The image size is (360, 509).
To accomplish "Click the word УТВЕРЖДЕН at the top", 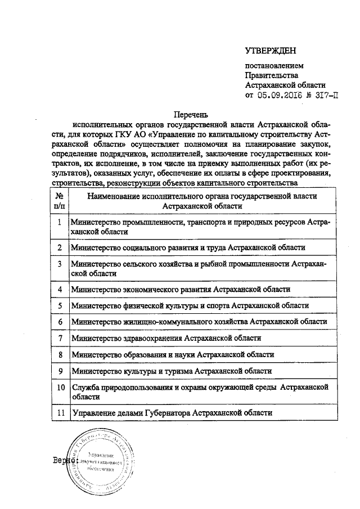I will click(x=270, y=51).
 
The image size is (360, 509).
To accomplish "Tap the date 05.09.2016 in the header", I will click(x=280, y=95).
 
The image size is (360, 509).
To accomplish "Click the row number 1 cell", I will click(x=59, y=223).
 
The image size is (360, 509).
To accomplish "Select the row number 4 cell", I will click(x=59, y=289).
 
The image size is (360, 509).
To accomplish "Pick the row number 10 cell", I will click(x=59, y=388).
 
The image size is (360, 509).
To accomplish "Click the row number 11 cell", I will click(x=59, y=412).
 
